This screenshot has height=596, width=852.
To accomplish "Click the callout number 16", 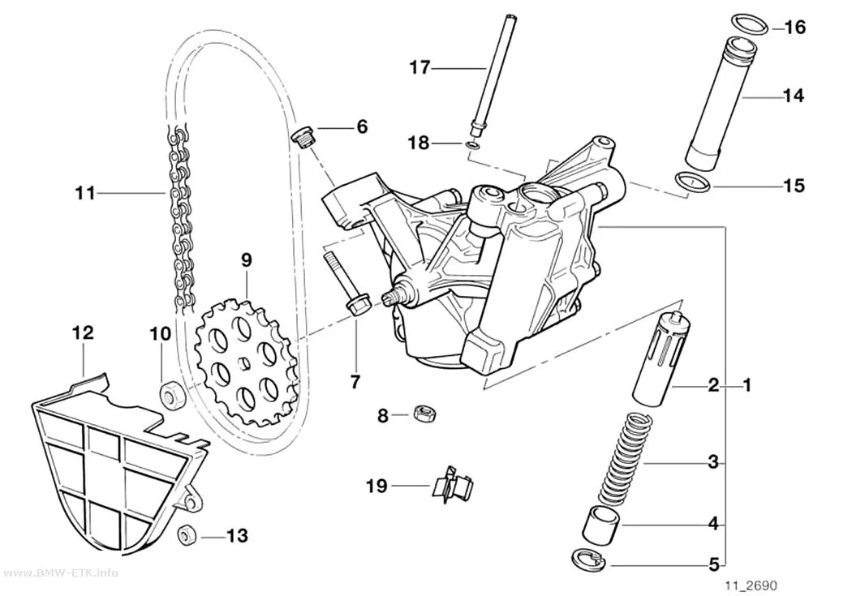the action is [795, 27].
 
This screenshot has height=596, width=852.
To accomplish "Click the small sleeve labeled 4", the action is [600, 523].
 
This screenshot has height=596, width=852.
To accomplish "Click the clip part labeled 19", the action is [452, 483].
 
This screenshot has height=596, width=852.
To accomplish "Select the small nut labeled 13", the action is [187, 535].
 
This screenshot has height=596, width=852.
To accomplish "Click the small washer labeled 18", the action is [473, 145].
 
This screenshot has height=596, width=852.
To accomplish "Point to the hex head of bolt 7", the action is [357, 307].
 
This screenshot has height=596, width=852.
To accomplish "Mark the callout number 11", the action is [84, 193].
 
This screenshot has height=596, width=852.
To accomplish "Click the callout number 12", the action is [83, 332].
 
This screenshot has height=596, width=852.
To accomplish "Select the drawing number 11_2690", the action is [751, 585].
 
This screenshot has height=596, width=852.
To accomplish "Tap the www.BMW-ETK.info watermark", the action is [58, 572].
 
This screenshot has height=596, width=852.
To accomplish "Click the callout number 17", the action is [420, 68].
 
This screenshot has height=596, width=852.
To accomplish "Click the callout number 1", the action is [747, 385].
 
